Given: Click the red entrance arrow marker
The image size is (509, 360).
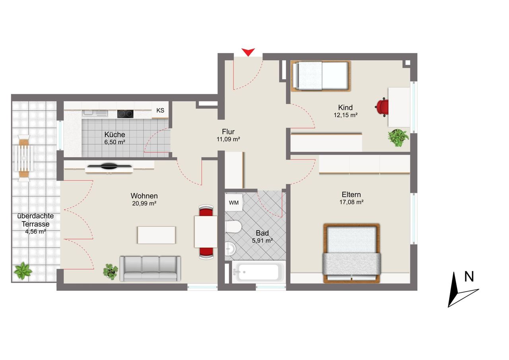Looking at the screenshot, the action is coord(248,52).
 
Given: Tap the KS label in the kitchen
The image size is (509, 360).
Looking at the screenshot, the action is coord(160,111).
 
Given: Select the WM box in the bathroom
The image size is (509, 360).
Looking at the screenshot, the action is coord(234,202).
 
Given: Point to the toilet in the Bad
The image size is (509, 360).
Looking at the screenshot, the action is coord(233,226).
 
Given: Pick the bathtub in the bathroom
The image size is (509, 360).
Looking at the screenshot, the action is coord(258,272).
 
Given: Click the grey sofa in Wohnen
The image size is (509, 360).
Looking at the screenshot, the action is coord(150,269).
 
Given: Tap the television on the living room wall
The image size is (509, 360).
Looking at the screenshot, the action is coord(109,166).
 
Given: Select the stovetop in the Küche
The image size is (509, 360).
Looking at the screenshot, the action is coord(125,114).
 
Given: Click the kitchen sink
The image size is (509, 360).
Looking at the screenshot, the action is coord(95,113).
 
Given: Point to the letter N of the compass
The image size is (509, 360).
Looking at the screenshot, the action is coord(469,276).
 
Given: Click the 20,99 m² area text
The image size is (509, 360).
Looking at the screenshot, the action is coord(144,203).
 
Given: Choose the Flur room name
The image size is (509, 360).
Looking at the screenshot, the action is coord(228,132).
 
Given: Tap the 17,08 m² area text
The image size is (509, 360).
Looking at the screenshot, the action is coord(351,202).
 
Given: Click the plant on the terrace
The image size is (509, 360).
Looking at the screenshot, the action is coord(23,270).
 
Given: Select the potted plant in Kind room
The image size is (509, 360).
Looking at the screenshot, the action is coord(398,138).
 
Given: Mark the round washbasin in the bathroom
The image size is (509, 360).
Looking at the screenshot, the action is coord(230,249).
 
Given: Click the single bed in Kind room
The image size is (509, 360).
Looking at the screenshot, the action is coord(321,76).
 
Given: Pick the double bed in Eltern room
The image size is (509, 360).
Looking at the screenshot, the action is coord(352,253).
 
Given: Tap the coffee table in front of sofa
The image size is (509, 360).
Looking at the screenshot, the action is coord(156,235).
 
